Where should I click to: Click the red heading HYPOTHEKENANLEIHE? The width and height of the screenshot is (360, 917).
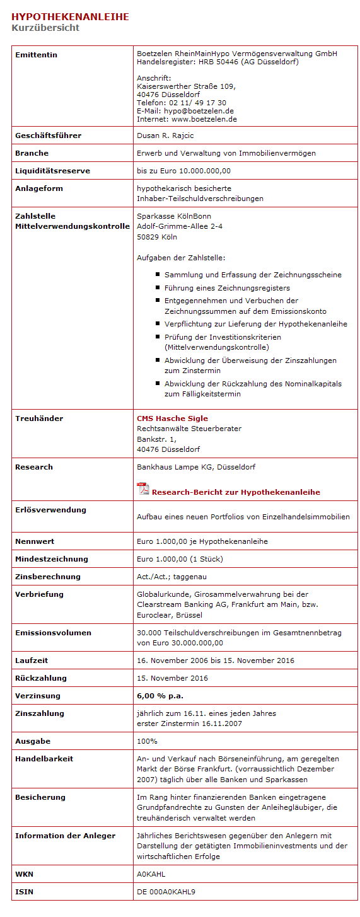point(70,17)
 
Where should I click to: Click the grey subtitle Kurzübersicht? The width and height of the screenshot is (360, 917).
point(45,28)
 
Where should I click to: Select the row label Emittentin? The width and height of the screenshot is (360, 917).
point(36,55)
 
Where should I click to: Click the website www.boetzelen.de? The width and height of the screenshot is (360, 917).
point(204,119)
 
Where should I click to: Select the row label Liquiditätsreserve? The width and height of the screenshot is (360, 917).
point(52,171)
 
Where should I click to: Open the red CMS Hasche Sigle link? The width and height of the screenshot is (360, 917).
point(172,418)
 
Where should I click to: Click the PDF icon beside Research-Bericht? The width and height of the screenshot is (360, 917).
point(142,490)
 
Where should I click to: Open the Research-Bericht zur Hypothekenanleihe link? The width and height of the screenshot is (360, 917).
point(236,492)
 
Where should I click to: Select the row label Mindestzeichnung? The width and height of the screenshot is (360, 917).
point(52,559)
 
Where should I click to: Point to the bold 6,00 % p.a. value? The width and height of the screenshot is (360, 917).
point(160,696)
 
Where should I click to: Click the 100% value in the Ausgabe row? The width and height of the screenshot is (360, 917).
point(147,741)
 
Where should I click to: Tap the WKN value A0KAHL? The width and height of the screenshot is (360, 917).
point(151,875)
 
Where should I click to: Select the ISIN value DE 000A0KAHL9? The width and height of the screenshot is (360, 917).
point(166,892)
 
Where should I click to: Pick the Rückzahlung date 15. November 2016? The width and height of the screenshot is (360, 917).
point(172,678)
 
